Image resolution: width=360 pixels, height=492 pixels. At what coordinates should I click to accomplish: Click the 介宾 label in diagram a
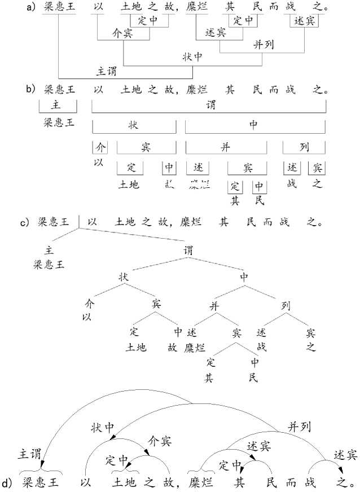123,33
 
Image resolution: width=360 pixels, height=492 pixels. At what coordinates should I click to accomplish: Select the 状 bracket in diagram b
134,126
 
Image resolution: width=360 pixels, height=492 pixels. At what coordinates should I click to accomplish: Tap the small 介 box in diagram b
100,147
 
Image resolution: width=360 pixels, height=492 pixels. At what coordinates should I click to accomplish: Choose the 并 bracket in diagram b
226,147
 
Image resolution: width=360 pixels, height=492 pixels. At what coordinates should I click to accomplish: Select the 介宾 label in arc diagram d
160,441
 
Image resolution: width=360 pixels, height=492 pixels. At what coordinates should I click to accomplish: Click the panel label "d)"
8,483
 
